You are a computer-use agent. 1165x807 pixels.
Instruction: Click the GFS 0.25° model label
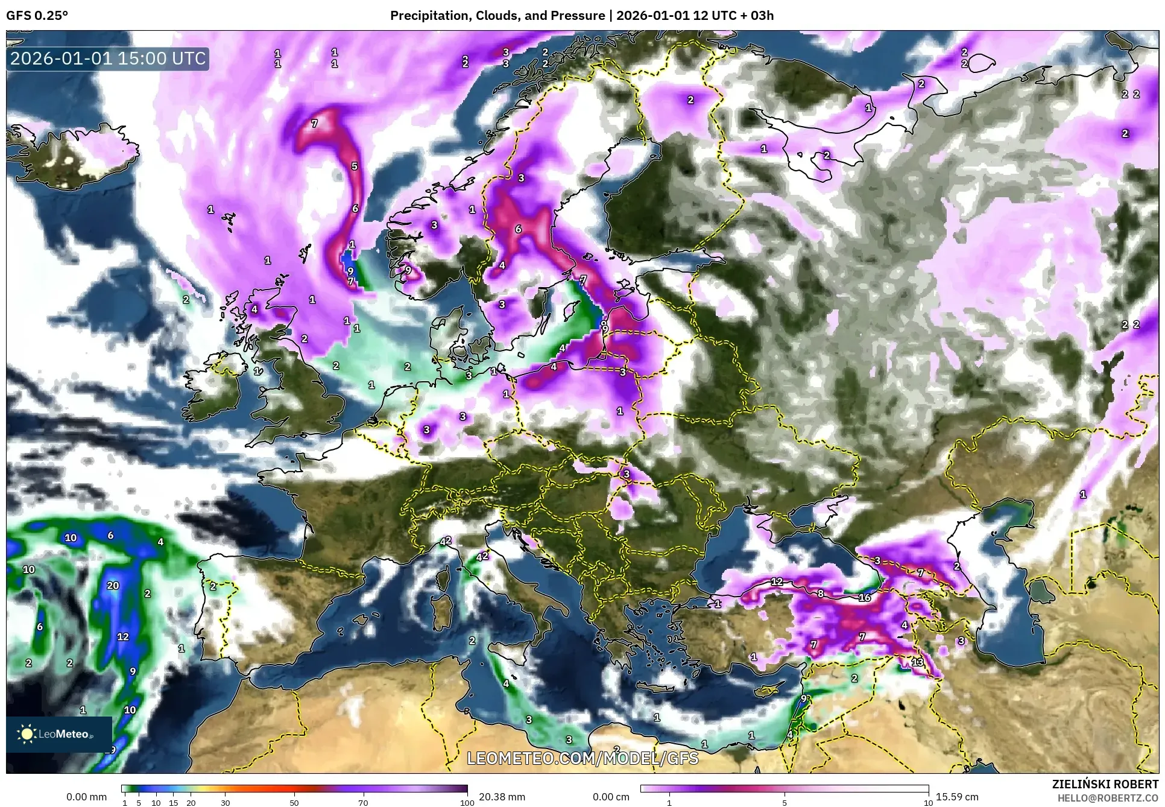click(x=37, y=16)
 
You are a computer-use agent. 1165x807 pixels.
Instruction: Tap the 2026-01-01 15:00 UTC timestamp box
click(x=108, y=59)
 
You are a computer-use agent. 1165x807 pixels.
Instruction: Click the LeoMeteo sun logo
click(x=27, y=734)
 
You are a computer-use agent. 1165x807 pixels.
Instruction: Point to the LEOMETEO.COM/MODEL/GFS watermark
click(x=582, y=758)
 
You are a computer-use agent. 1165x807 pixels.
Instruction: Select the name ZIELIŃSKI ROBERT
click(x=1105, y=784)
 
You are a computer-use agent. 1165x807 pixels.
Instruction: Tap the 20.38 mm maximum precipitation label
click(x=502, y=797)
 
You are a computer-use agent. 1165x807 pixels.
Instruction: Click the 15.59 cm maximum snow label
click(x=957, y=797)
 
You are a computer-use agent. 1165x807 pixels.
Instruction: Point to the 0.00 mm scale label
click(x=86, y=797)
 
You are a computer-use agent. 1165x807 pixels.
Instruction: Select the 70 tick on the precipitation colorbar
click(x=363, y=803)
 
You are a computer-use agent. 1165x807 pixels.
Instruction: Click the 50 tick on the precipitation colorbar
click(x=294, y=803)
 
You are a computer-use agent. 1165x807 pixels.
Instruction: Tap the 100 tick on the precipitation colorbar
click(x=467, y=803)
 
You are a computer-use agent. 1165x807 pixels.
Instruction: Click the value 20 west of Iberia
click(x=113, y=586)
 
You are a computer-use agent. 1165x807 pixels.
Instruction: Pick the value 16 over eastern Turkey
click(x=865, y=598)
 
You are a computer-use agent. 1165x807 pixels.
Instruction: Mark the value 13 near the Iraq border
click(x=917, y=662)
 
